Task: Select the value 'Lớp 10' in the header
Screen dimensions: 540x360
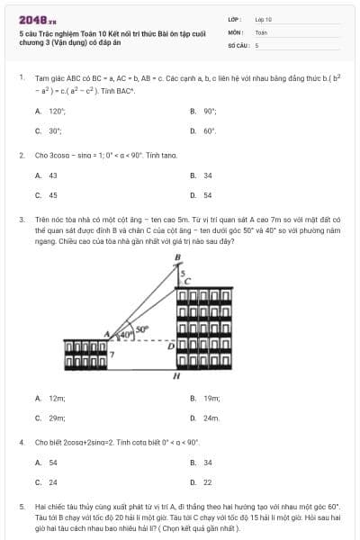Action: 263,19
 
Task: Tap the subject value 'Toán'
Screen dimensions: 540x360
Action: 261,31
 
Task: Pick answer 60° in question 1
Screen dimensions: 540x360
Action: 210,130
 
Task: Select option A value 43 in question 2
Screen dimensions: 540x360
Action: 53,175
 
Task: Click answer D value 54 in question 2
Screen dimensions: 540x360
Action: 208,194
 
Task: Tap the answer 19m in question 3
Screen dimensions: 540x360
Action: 211,397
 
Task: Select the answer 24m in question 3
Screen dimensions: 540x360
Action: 211,418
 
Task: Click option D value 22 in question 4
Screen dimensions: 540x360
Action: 208,482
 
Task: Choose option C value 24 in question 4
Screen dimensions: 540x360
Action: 53,482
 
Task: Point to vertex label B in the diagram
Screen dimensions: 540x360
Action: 177,258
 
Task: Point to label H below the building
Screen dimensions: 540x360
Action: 176,375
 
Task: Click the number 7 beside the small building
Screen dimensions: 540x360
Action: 112,355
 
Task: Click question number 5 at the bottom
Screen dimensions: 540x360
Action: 21,507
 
